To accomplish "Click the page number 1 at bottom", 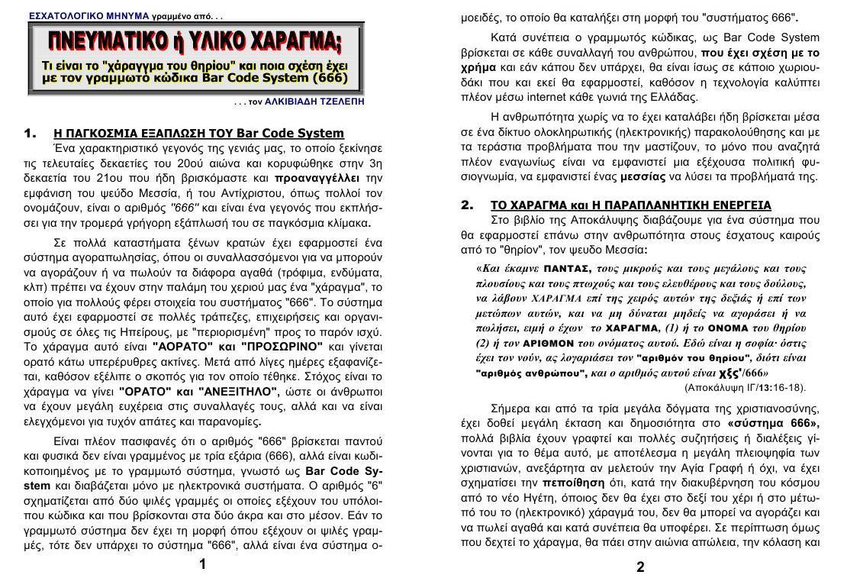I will click(202, 564).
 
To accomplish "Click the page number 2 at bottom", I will click(640, 567).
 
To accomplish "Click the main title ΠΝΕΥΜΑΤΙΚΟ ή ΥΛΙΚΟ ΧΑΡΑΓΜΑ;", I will click(195, 41).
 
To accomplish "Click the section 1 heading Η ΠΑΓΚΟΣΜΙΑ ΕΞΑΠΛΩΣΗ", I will click(199, 134).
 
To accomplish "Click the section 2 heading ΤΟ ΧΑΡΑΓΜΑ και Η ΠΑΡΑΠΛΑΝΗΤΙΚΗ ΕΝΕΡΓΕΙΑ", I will click(630, 205).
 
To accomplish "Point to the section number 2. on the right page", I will click(468, 205).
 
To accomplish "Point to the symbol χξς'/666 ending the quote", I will click(742, 373).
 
